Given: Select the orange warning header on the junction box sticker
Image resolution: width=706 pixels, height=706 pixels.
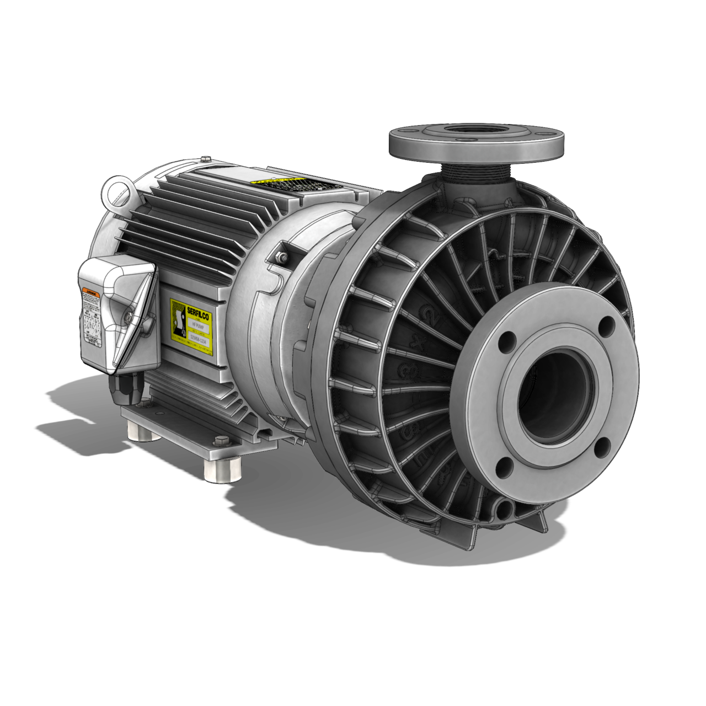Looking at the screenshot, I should [x=91, y=291].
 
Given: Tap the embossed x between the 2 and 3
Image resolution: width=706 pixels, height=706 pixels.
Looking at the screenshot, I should [x=417, y=344].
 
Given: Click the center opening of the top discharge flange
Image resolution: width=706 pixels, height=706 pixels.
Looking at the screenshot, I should [x=475, y=132].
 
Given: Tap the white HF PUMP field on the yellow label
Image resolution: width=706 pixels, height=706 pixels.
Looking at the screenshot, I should [x=196, y=327].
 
